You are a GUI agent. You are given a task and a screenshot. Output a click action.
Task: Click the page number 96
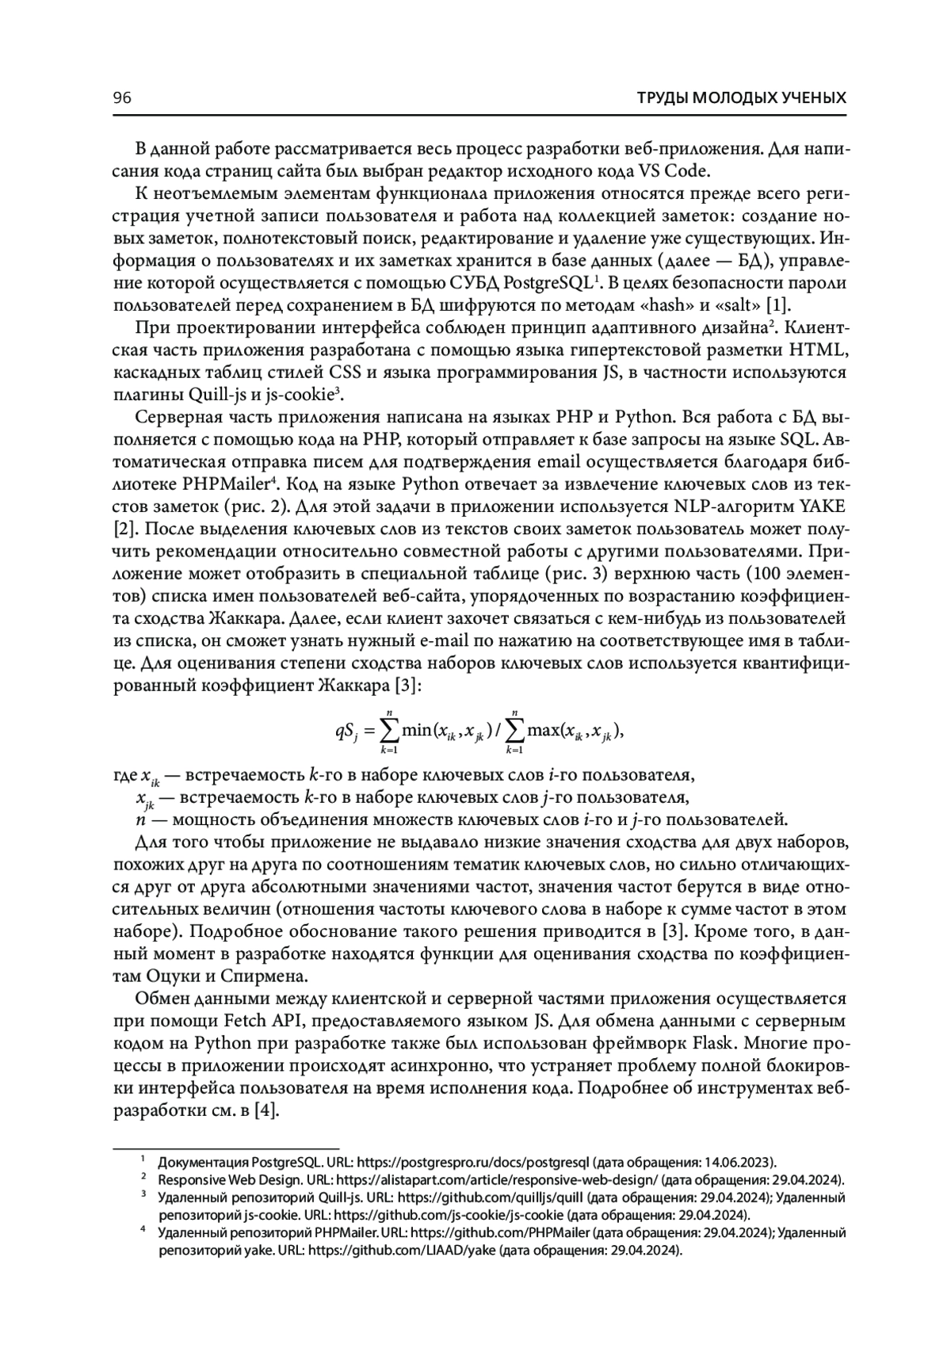[x=123, y=98]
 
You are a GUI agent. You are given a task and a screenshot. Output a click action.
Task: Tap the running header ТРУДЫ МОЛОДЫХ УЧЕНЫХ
[x=742, y=98]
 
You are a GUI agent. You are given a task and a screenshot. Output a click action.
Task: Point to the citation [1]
[x=781, y=306]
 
